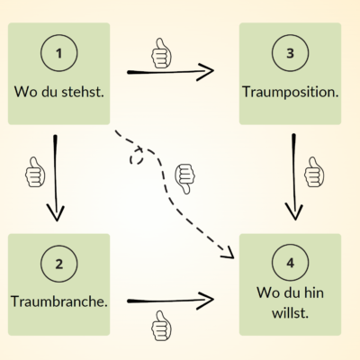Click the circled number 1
click(x=58, y=55)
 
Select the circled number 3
click(x=290, y=55)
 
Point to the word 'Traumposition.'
click(x=290, y=92)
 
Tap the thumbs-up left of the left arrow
click(x=35, y=175)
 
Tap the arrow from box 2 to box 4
click(x=171, y=300)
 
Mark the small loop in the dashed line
click(x=138, y=157)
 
